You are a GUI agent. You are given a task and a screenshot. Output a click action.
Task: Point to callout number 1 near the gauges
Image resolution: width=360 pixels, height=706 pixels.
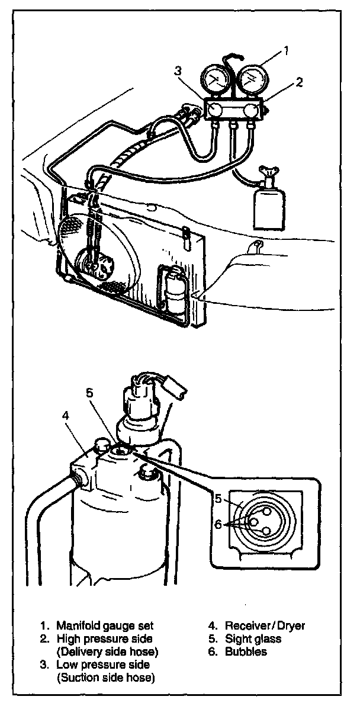tap(286, 52)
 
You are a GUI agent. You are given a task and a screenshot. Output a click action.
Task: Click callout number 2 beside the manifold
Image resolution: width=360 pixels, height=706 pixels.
tap(300, 82)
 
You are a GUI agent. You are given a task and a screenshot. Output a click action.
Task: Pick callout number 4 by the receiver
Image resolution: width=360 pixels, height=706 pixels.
tap(66, 415)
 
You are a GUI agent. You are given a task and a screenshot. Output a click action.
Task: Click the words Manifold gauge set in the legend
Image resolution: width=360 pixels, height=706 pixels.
tap(105, 625)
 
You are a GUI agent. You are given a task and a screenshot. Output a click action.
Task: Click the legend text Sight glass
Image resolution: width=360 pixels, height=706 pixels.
tap(253, 638)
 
